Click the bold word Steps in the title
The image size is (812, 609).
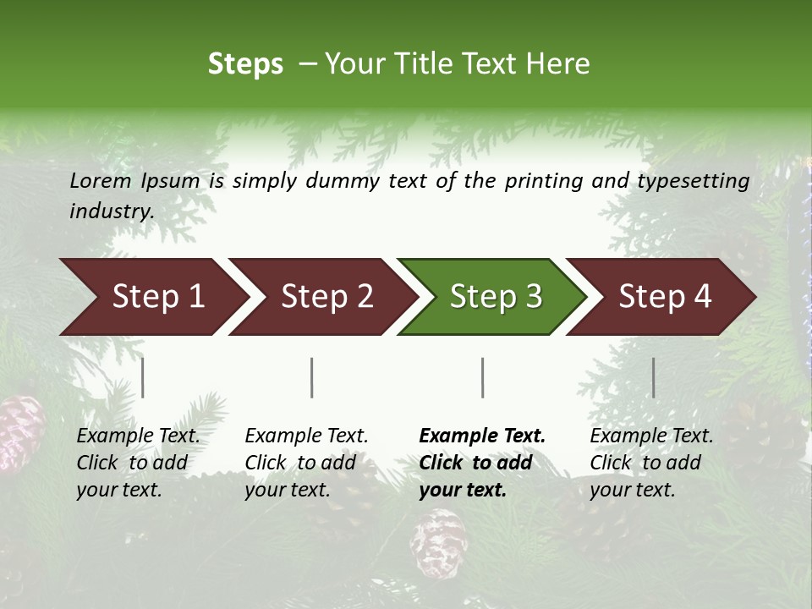[x=245, y=64]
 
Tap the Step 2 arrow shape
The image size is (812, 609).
[x=322, y=297]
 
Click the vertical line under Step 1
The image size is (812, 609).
[x=143, y=377]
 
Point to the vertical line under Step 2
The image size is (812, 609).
[x=312, y=377]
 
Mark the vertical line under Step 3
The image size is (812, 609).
[x=483, y=377]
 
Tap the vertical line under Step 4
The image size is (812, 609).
[x=654, y=377]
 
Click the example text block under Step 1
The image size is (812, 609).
[x=138, y=463]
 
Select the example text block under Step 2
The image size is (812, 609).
[x=306, y=463]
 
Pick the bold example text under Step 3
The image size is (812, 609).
[x=482, y=463]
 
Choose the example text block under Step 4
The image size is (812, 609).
[x=651, y=463]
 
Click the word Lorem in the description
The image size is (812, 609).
[x=101, y=180]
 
